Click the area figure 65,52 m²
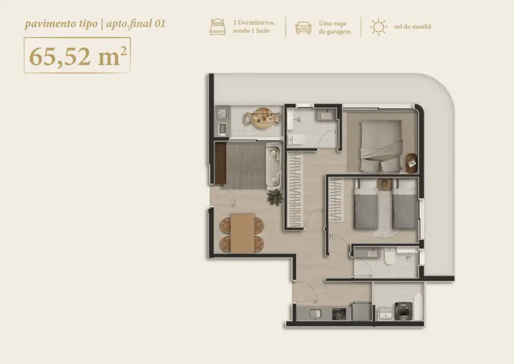tap(78, 56)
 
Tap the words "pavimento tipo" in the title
tap(61, 24)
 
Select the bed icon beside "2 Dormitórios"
tap(218, 27)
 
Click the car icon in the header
tap(303, 28)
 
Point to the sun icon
tap(378, 27)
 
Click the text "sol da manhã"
tap(413, 27)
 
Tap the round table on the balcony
tap(263, 118)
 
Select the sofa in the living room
tap(274, 166)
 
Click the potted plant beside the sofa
tap(275, 197)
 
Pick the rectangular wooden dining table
tap(242, 233)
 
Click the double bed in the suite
tap(381, 146)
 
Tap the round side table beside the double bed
tap(412, 163)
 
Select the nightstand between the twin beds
tap(383, 184)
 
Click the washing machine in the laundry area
tap(403, 311)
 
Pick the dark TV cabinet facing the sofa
tap(221, 164)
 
